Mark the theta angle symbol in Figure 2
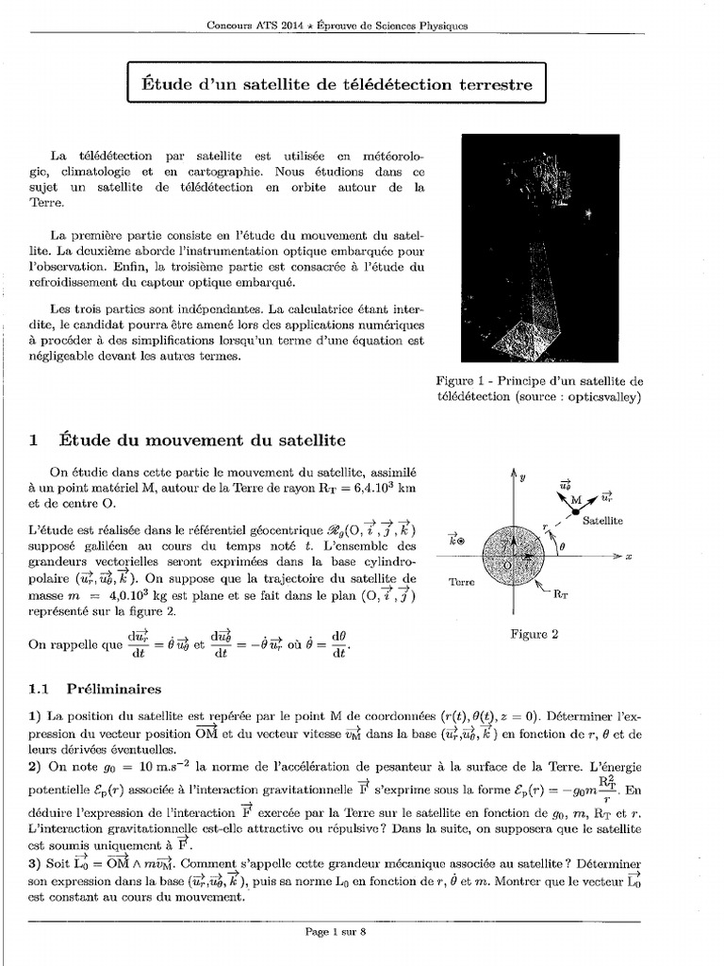click(x=564, y=544)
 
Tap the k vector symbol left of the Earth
click(x=456, y=541)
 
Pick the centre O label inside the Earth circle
click(x=507, y=563)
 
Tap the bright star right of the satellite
click(x=588, y=214)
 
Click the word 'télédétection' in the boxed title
click(x=387, y=85)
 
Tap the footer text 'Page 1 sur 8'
click(x=335, y=932)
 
